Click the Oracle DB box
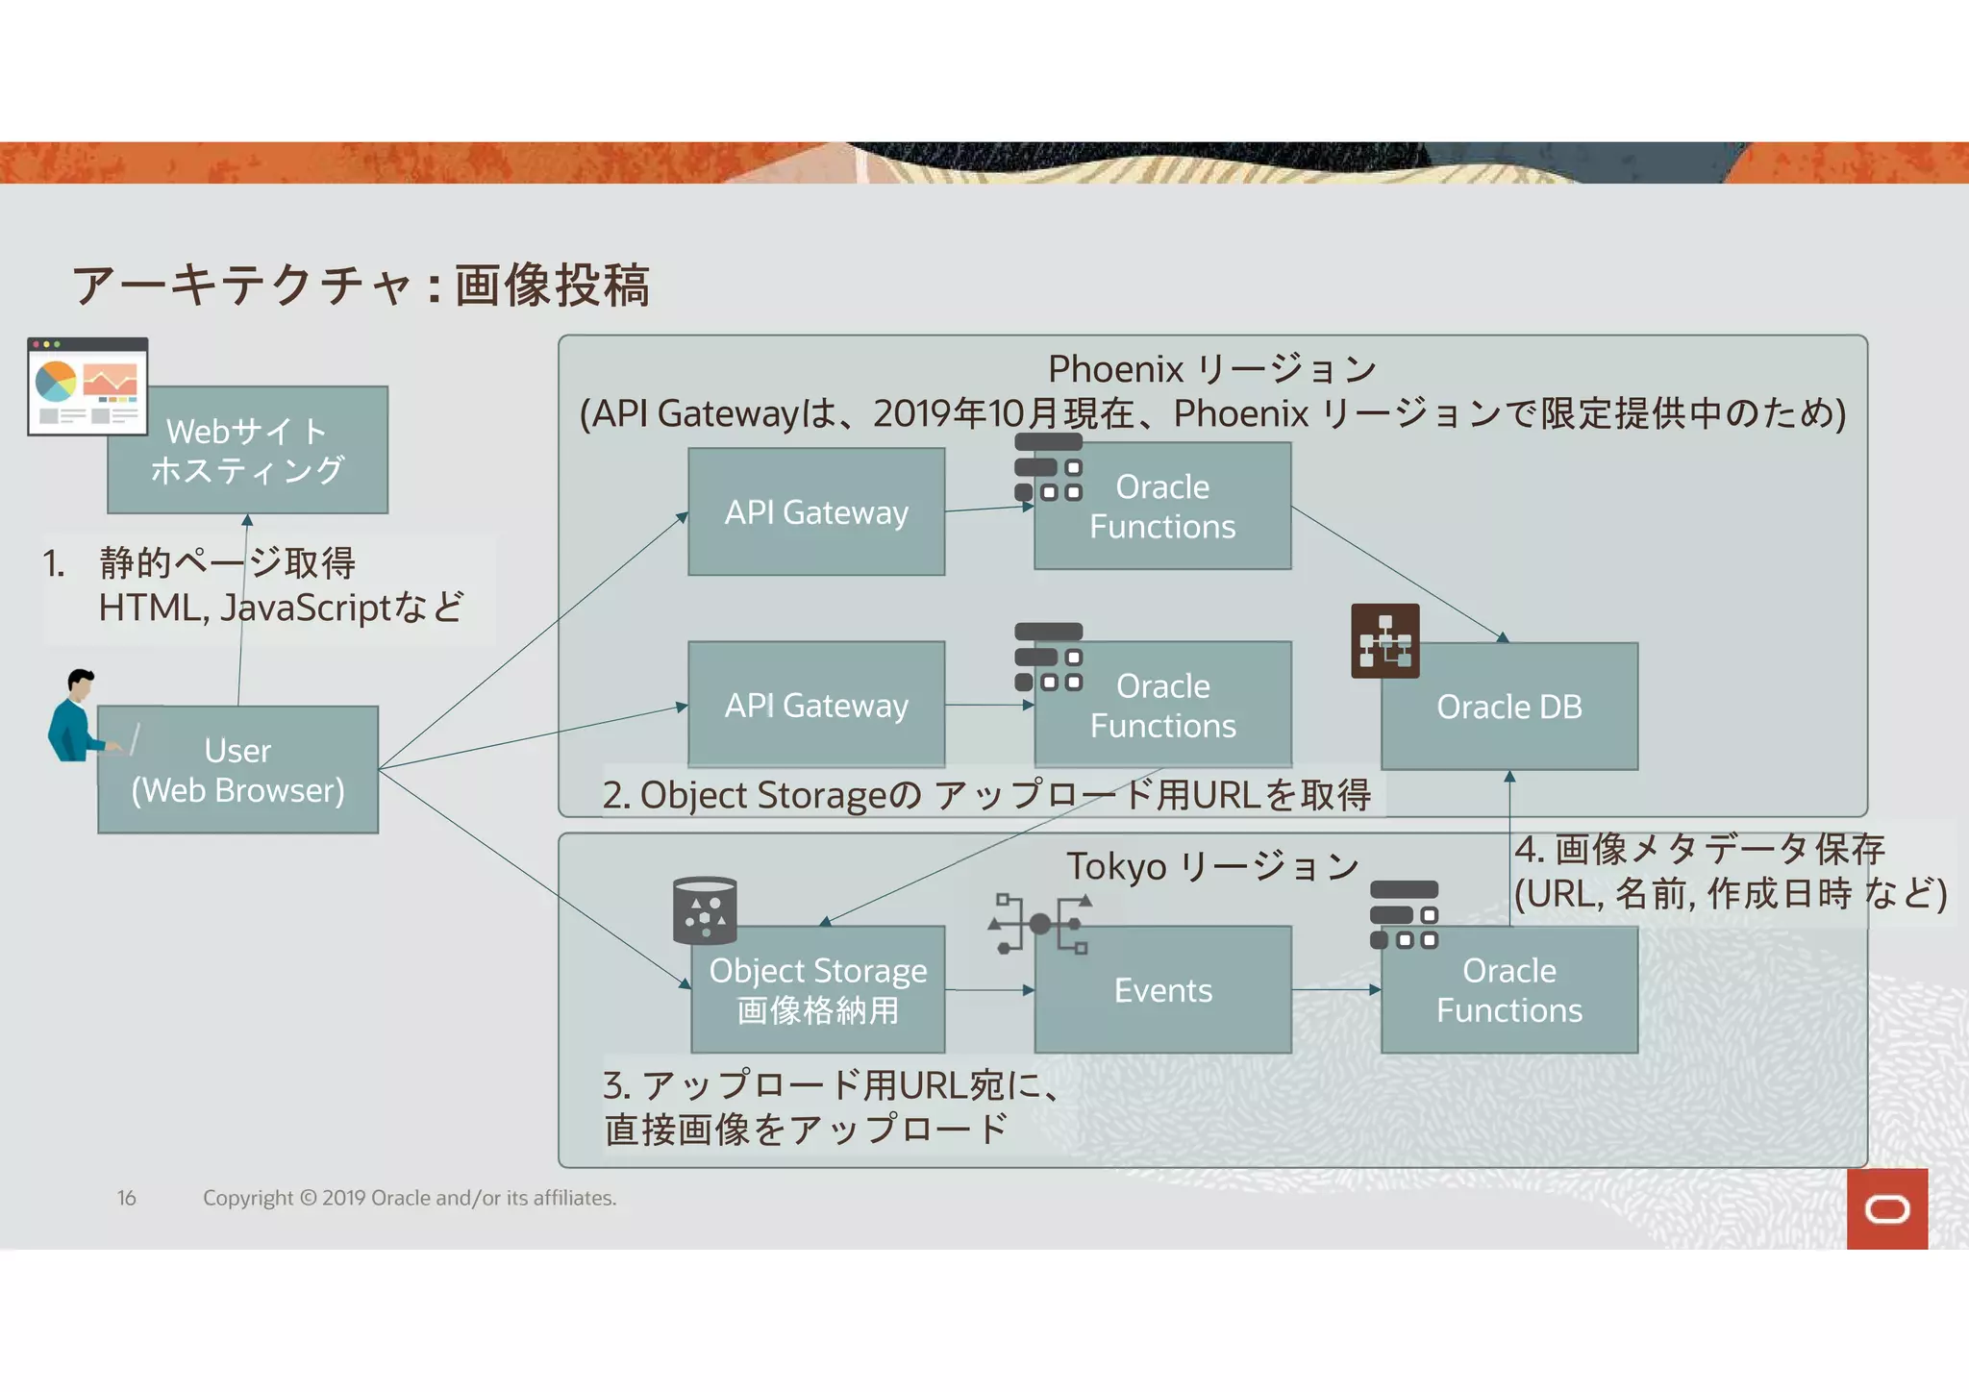pos(1509,707)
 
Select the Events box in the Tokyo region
pos(1162,990)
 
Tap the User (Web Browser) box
pos(237,770)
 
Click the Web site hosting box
pos(248,451)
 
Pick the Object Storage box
pos(817,990)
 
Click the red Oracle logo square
pos(1886,1208)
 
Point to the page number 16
pos(127,1198)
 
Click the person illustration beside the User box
pos(75,716)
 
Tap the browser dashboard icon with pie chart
pos(87,385)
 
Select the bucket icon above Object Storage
pos(705,910)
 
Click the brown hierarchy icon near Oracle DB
pos(1384,641)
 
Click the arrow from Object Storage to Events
pos(989,989)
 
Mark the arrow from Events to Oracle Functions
pos(1335,989)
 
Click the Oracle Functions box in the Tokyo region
pos(1509,990)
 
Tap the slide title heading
pos(361,286)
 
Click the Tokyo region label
pos(1211,866)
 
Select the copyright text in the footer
pos(410,1198)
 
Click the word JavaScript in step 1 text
pos(305,608)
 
